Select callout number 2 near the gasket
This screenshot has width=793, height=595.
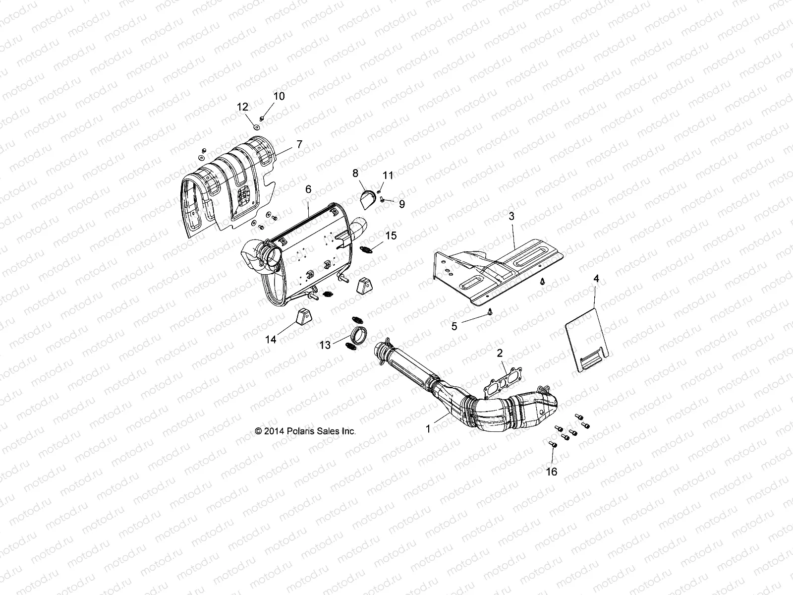pyautogui.click(x=500, y=353)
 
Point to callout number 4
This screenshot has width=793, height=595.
pyautogui.click(x=596, y=279)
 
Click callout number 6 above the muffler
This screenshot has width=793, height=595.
pyautogui.click(x=308, y=189)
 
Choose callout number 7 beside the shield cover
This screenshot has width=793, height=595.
pyautogui.click(x=299, y=145)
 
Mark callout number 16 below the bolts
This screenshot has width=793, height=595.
pyautogui.click(x=551, y=472)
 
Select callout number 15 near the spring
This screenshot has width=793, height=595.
pyautogui.click(x=391, y=236)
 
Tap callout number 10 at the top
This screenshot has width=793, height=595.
pyautogui.click(x=279, y=96)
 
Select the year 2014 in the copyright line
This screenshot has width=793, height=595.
pyautogui.click(x=274, y=431)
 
